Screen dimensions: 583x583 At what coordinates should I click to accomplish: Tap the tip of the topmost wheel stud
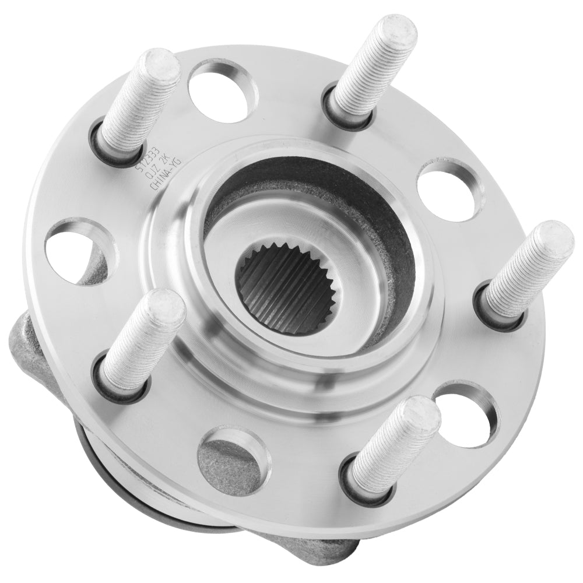396,29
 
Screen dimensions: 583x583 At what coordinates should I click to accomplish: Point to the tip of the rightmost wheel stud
557,239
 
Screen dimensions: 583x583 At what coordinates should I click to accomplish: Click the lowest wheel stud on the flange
396,449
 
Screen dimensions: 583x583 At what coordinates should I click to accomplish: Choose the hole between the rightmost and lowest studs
466,414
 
